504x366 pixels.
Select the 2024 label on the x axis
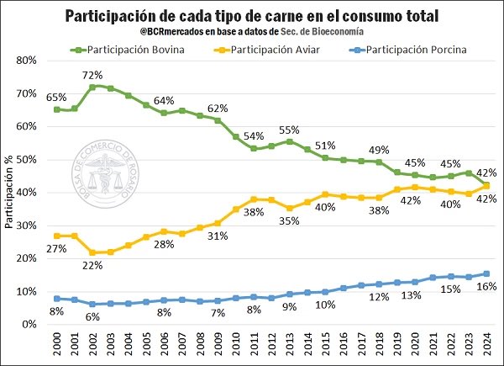click(486, 345)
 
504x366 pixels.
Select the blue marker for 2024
click(486, 273)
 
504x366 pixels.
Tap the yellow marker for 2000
click(57, 236)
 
